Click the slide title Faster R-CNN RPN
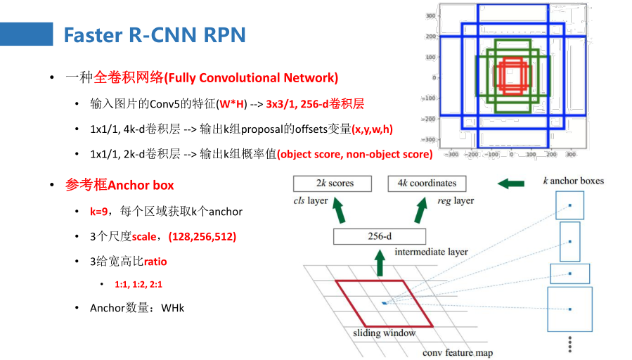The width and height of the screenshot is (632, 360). click(x=155, y=35)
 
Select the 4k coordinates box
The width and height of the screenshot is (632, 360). click(x=427, y=184)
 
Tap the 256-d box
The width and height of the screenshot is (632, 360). click(x=380, y=236)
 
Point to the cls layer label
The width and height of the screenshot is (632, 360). click(x=311, y=200)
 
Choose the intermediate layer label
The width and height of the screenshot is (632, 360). click(x=431, y=252)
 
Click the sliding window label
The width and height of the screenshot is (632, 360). click(x=384, y=333)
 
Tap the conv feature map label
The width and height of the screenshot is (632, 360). click(x=457, y=352)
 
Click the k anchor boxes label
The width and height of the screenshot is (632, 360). click(x=573, y=181)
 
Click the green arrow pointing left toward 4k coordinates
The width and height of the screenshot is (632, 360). click(x=511, y=184)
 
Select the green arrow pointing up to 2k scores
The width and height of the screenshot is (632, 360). click(x=340, y=209)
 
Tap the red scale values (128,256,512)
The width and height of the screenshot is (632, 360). click(x=202, y=236)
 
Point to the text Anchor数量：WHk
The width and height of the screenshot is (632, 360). click(x=137, y=308)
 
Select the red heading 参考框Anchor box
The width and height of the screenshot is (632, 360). click(x=120, y=186)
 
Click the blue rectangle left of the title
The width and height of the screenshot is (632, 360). click(x=27, y=34)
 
